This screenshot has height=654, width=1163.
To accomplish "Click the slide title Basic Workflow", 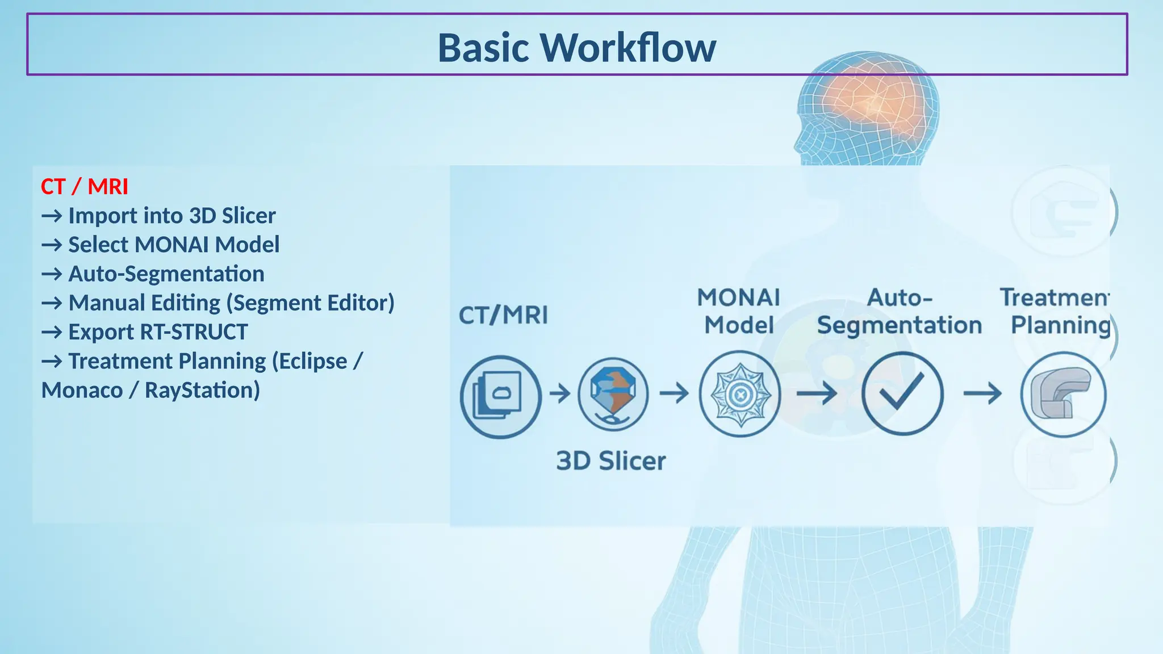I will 576,48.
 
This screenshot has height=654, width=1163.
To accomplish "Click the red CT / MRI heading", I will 85,187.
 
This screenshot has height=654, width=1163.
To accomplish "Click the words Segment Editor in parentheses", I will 310,303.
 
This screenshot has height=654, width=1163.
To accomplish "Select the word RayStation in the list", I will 202,391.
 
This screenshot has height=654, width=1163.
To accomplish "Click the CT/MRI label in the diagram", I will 503,316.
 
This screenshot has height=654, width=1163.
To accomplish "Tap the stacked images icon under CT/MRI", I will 500,396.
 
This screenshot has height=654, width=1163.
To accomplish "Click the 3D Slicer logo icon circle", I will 613,395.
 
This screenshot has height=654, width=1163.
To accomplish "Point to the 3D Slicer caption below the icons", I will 610,461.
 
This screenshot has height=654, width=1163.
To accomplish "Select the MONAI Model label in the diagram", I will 739,312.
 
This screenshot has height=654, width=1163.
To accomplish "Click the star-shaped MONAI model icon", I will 739,394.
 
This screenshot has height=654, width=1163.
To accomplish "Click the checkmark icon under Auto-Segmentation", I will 902,393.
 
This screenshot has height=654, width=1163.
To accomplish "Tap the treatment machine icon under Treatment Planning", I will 1062,394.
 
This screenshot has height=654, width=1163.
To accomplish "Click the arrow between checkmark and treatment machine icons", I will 982,393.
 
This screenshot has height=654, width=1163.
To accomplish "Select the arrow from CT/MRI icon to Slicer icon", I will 560,393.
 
